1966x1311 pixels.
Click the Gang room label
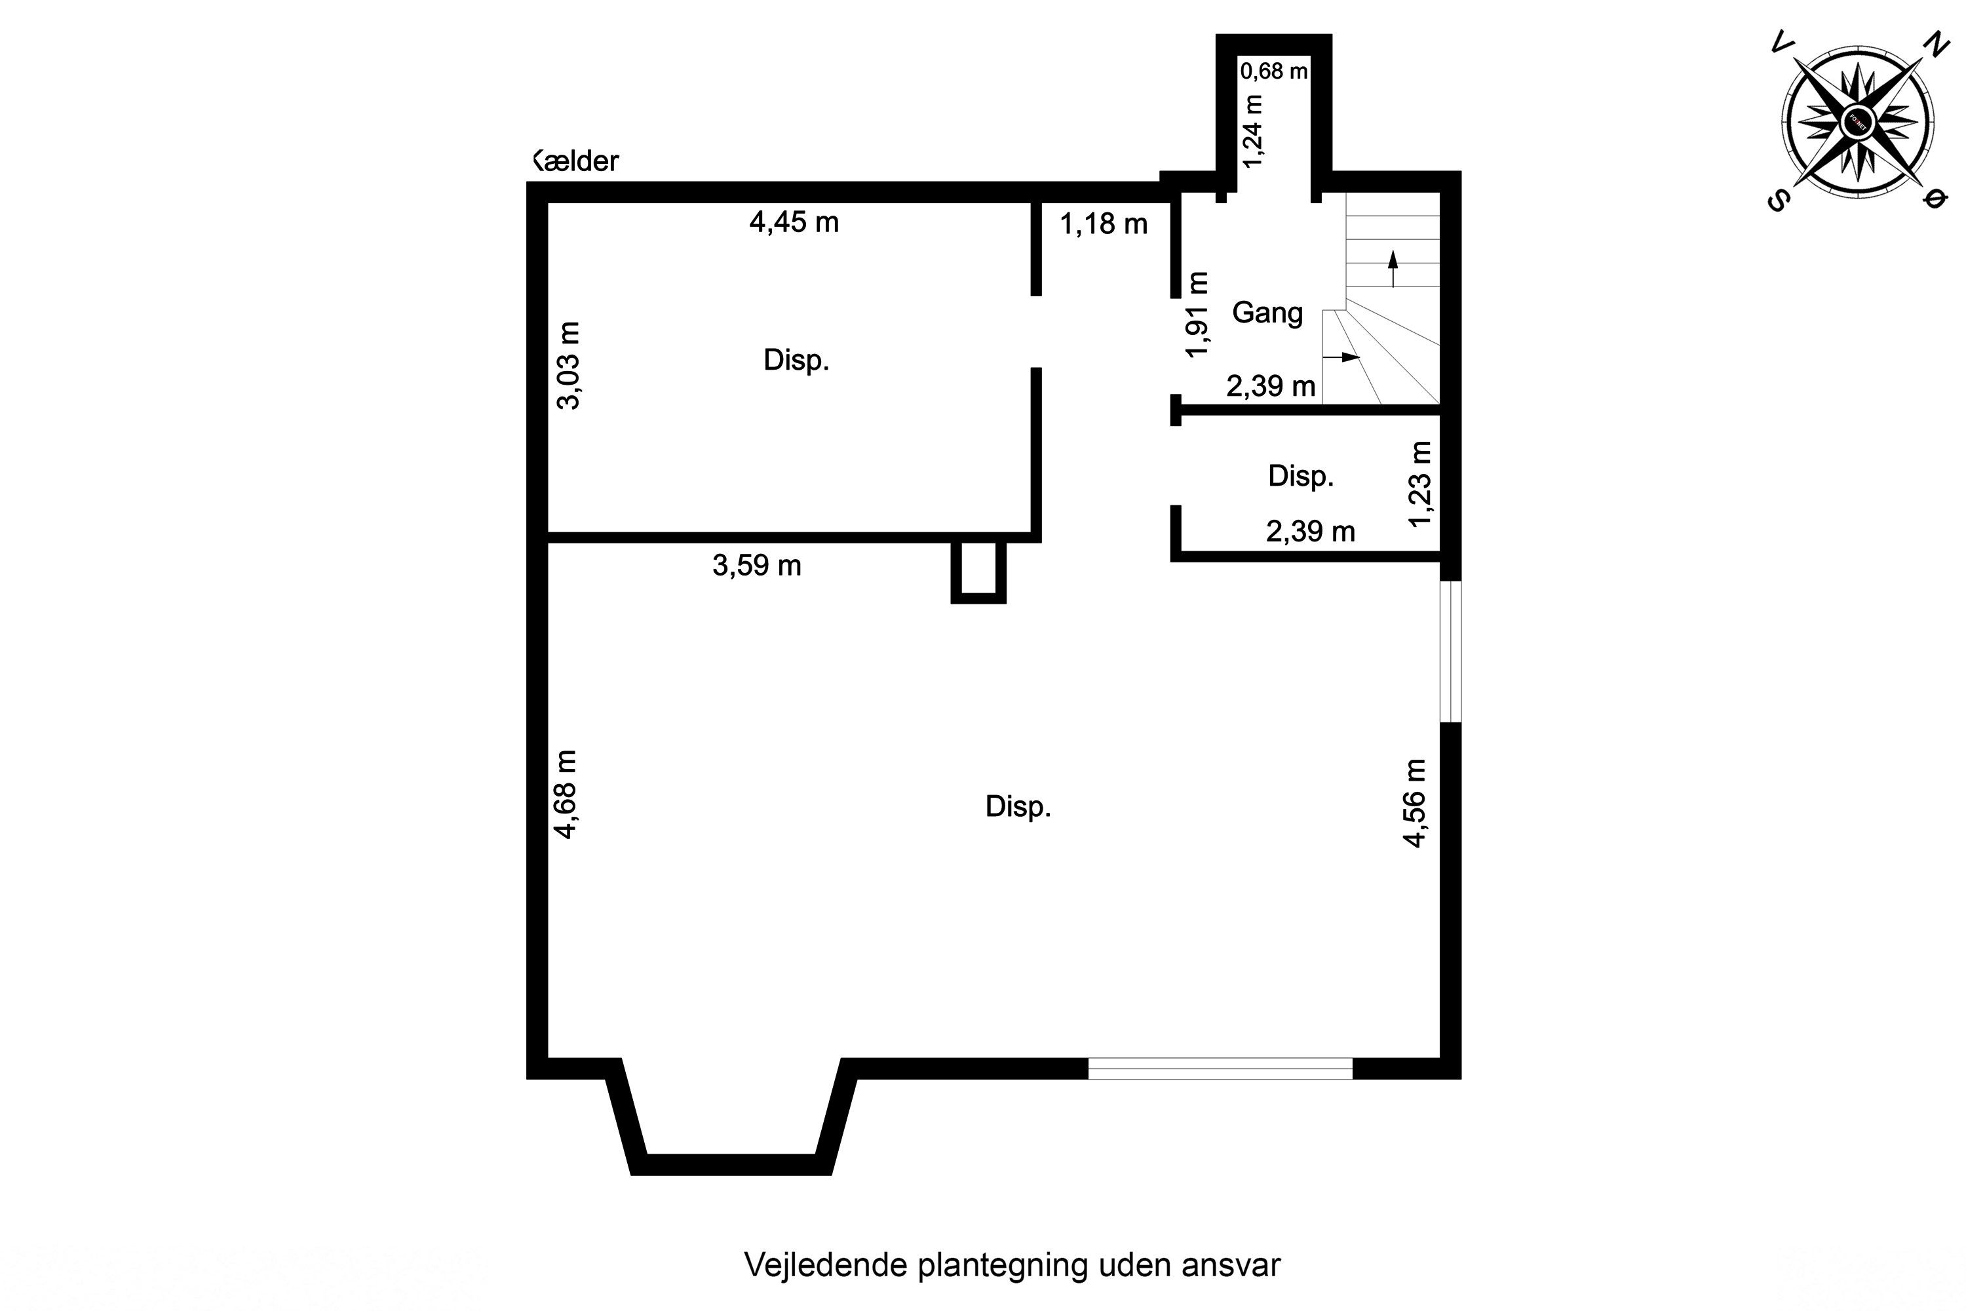(x=1267, y=313)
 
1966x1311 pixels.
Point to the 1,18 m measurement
(x=1104, y=224)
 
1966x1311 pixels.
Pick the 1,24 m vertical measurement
(x=1252, y=131)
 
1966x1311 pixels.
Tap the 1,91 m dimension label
(x=1198, y=315)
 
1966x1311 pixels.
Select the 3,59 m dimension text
(x=756, y=566)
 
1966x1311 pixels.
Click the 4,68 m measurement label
(x=567, y=794)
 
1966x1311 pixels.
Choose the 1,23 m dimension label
(x=1420, y=484)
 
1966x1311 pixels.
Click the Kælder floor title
(x=576, y=161)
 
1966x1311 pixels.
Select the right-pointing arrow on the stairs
(x=1342, y=357)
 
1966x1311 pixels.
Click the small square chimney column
(x=978, y=571)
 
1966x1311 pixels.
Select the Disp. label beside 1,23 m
(x=1301, y=477)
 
